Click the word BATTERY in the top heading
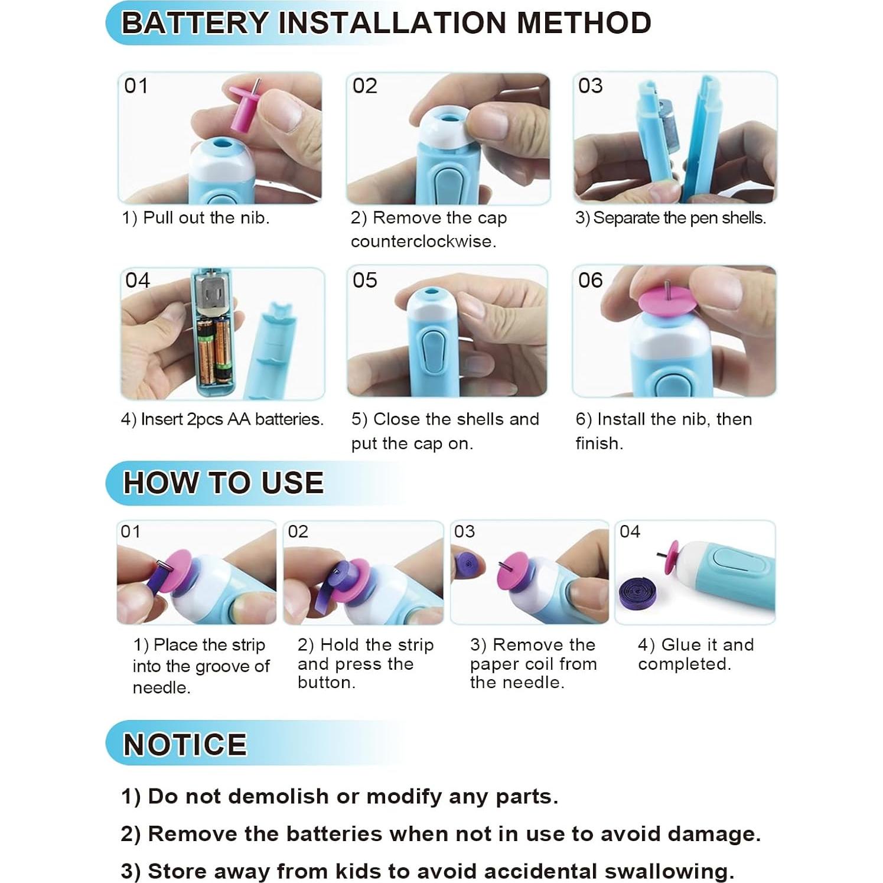tap(195, 23)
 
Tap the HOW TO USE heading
tap(223, 483)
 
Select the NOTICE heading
tap(185, 744)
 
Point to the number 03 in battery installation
tap(590, 86)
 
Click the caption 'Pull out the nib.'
tap(206, 218)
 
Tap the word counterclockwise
tap(423, 242)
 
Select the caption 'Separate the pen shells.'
tap(679, 218)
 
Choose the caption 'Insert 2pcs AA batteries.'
tap(232, 419)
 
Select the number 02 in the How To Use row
tap(298, 532)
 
